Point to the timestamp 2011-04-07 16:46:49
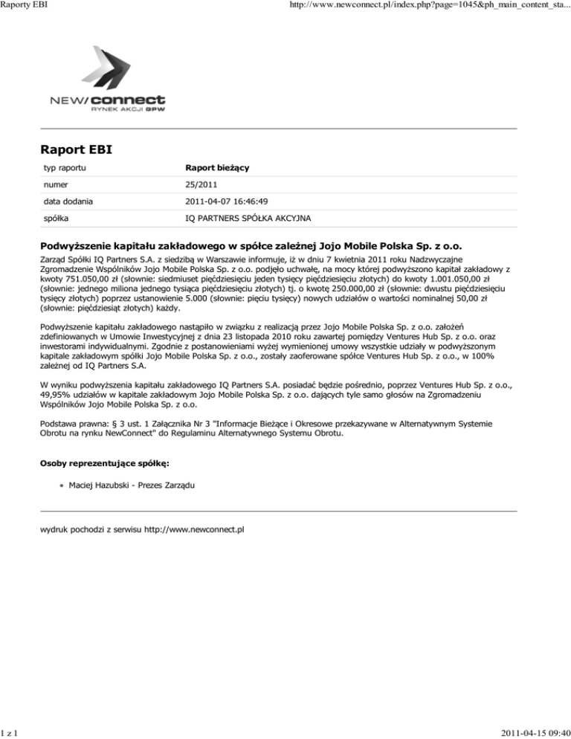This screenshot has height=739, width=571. point(230,200)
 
